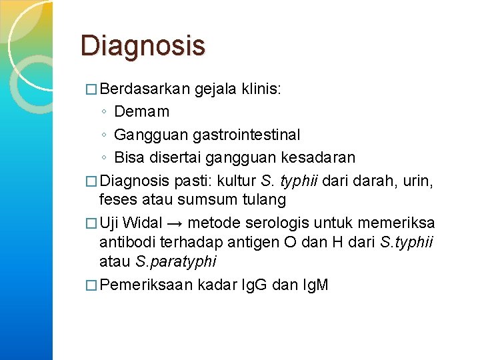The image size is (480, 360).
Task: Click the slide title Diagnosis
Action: (x=143, y=46)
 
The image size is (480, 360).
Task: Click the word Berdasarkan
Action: (x=146, y=89)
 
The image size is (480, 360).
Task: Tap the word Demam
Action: (x=142, y=111)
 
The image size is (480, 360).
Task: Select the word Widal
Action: (x=143, y=222)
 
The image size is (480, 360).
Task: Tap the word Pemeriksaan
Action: (x=146, y=285)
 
